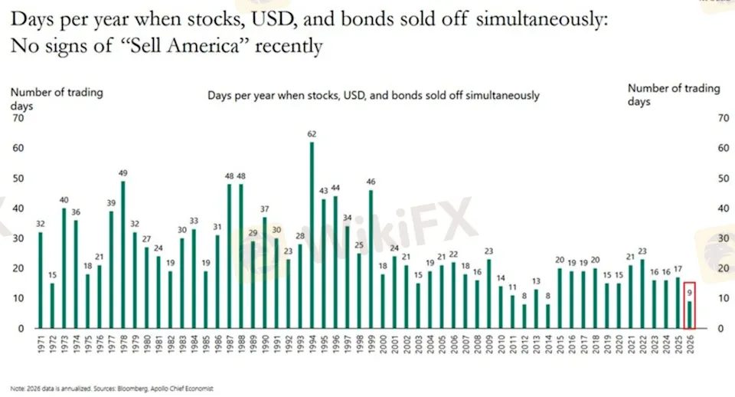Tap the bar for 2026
pos(691,315)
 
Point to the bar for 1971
pos(40,281)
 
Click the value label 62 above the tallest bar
pos(312,134)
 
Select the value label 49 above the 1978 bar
pos(123,173)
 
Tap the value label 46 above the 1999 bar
pos(371,182)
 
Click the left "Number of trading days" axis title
pos(56,99)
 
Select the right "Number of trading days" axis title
pos(674,94)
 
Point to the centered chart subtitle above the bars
pos(374,96)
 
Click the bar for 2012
pos(524,317)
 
